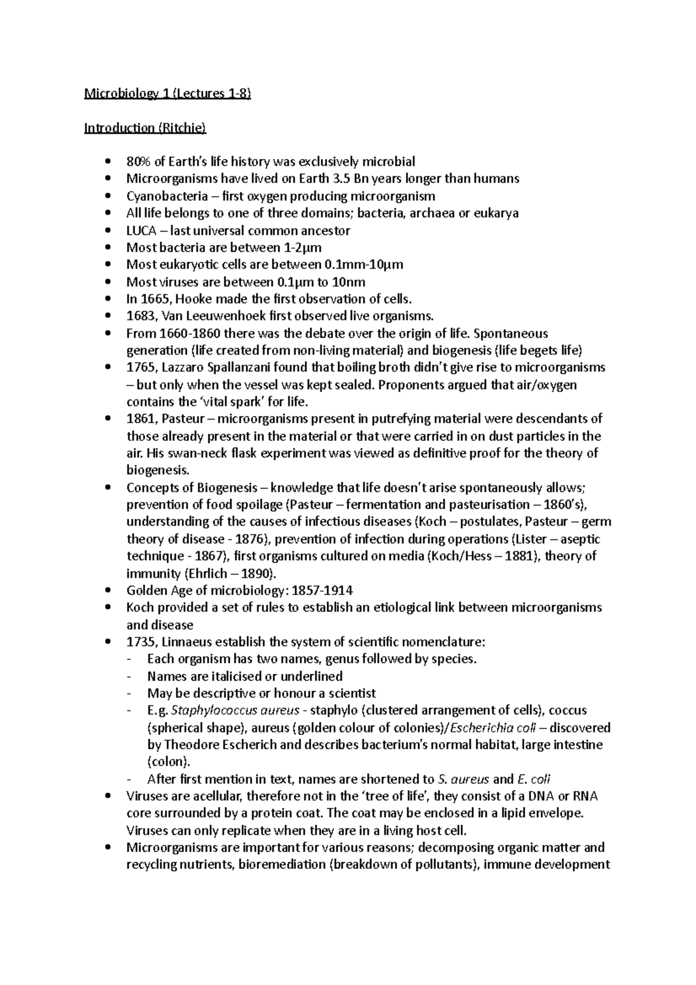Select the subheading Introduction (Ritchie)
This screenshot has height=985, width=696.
pos(145,128)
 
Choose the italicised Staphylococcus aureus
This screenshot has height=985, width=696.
pos(236,711)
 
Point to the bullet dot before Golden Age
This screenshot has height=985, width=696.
pos(109,591)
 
